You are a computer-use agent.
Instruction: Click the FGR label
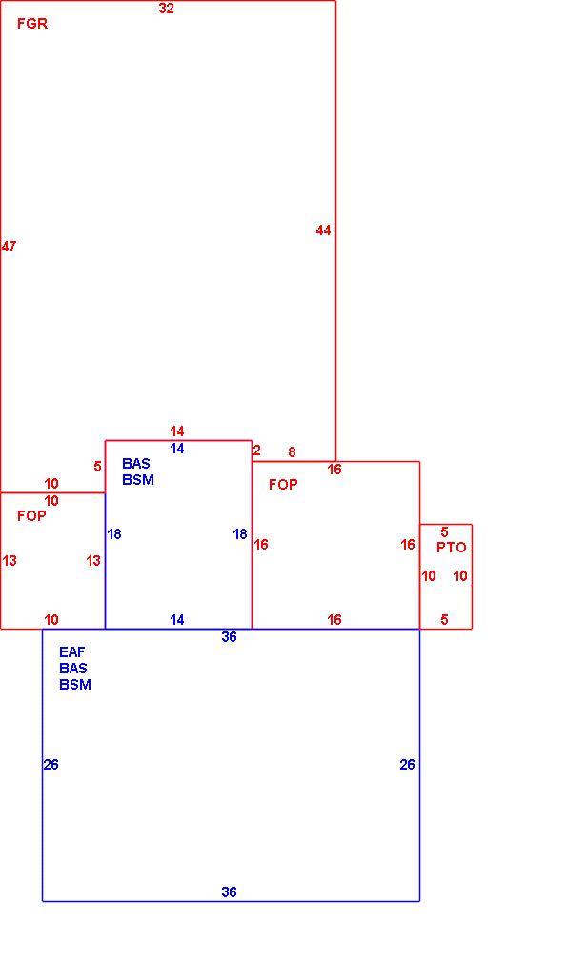click(x=31, y=24)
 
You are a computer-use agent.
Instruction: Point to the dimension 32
click(x=167, y=9)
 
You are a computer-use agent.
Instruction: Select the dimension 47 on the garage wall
click(x=9, y=247)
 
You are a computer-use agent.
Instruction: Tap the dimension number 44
click(x=323, y=230)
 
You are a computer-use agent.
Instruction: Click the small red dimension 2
click(x=256, y=451)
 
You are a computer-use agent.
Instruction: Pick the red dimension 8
click(x=292, y=452)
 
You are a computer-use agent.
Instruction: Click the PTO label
click(x=451, y=548)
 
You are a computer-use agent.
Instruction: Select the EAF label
click(x=71, y=652)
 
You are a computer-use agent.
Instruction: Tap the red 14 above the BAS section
click(x=176, y=431)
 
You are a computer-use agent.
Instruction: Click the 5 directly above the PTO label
click(x=444, y=532)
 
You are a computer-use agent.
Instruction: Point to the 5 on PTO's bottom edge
click(x=444, y=620)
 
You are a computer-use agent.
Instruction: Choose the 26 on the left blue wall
click(x=51, y=765)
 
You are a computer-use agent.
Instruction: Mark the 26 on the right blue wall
click(x=408, y=765)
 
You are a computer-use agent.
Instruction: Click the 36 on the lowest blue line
click(x=229, y=892)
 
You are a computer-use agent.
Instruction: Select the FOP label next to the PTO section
click(x=283, y=485)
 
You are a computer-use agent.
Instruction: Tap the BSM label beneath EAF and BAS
click(x=75, y=685)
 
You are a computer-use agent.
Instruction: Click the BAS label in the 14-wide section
click(x=135, y=464)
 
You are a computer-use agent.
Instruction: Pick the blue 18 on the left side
click(x=114, y=534)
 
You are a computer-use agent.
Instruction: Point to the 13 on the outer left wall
click(x=10, y=561)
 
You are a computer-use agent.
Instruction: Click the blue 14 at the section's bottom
click(x=176, y=620)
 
